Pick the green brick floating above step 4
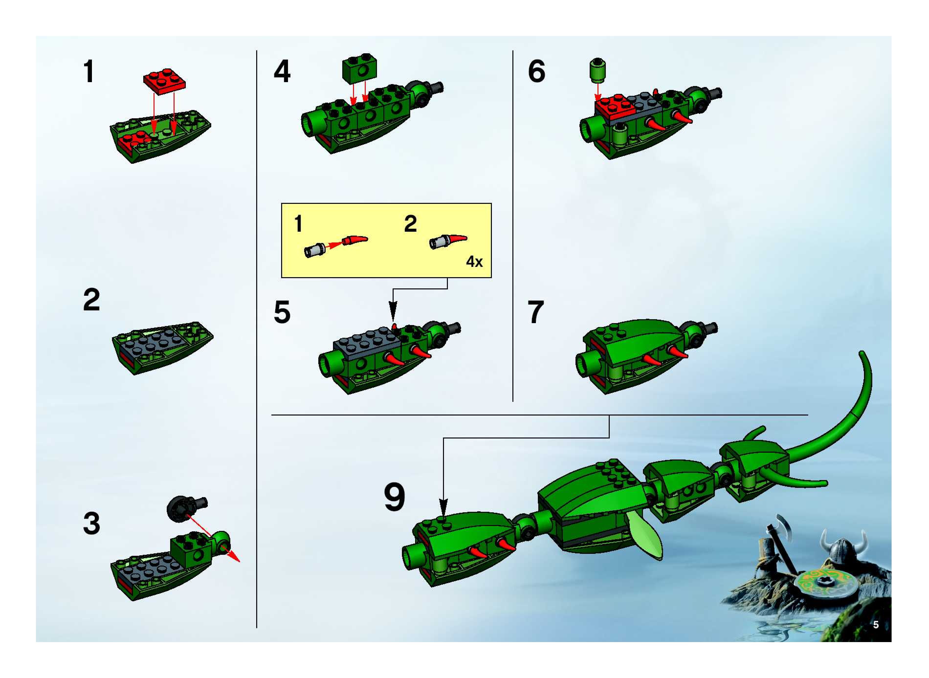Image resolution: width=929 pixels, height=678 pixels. tap(360, 68)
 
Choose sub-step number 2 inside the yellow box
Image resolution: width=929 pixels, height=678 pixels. tap(410, 224)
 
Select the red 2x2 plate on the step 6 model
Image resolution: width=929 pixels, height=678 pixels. tap(615, 107)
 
